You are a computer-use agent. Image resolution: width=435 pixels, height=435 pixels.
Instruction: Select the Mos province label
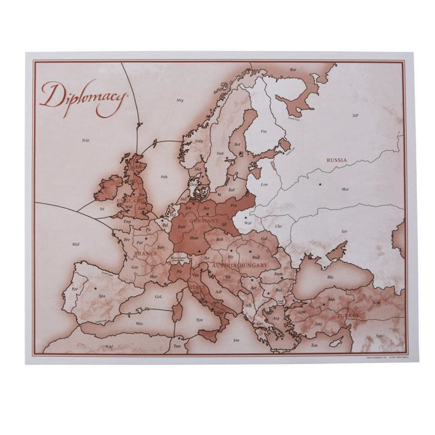(346, 188)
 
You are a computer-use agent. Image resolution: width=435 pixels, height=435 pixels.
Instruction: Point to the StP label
(355, 116)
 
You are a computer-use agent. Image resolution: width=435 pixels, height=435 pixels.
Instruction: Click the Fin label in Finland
(263, 131)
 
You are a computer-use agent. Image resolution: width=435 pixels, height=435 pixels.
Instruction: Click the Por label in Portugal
(75, 289)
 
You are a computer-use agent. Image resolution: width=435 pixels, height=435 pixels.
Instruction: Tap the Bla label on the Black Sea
(331, 277)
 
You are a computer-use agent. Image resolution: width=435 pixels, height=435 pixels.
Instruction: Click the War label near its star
(247, 222)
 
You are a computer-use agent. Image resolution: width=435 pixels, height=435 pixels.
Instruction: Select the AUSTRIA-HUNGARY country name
(240, 265)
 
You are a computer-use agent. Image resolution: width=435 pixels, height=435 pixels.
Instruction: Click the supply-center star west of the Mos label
(321, 185)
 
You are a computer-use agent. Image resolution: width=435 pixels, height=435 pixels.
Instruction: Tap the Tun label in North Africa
(177, 346)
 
